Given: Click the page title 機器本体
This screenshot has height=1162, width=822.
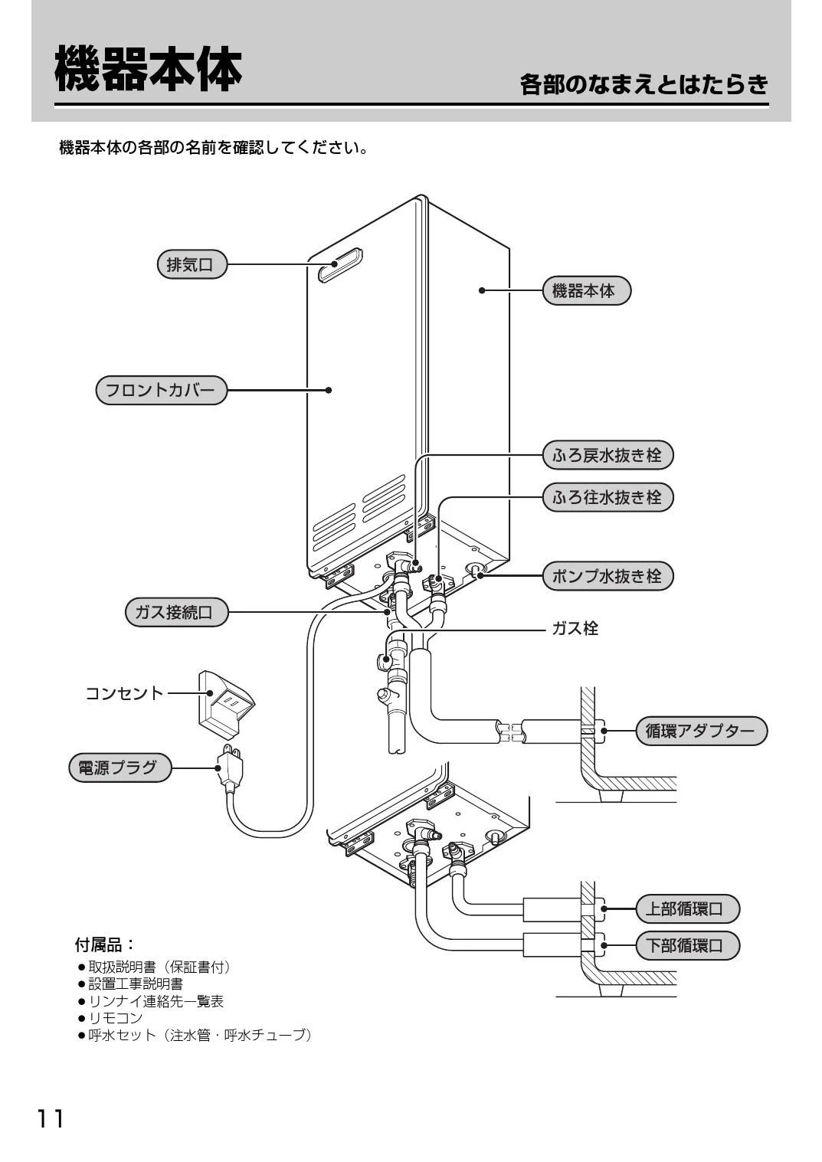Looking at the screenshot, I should pyautogui.click(x=148, y=69).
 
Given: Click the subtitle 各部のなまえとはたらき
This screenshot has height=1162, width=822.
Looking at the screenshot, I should pyautogui.click(x=644, y=84).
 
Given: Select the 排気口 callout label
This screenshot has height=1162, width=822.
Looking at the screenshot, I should pyautogui.click(x=192, y=265).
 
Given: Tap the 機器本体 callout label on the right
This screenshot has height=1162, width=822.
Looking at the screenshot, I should pyautogui.click(x=587, y=291).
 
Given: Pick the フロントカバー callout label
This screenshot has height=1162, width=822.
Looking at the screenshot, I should pyautogui.click(x=162, y=390).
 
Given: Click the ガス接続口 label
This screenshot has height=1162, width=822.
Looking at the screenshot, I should pyautogui.click(x=176, y=613).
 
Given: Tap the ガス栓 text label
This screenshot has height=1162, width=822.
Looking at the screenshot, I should pyautogui.click(x=575, y=629).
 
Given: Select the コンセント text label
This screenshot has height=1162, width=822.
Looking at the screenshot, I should pyautogui.click(x=124, y=694).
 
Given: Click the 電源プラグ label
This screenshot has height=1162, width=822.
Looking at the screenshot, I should pyautogui.click(x=120, y=767).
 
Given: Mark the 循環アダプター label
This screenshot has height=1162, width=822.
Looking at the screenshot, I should pyautogui.click(x=701, y=731).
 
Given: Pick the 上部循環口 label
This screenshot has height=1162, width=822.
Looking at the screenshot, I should pyautogui.click(x=688, y=909).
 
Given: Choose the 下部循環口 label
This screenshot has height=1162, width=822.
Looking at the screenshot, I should pyautogui.click(x=688, y=946).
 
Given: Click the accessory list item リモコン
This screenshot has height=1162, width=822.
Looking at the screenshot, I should pyautogui.click(x=115, y=1017).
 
